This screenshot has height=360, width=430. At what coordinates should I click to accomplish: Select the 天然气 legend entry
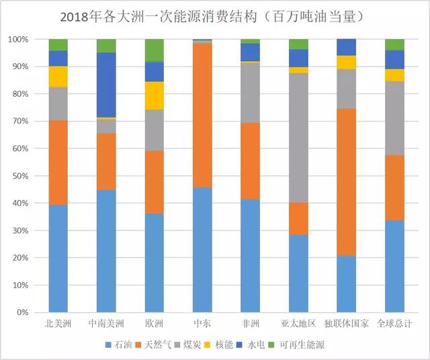[166, 345]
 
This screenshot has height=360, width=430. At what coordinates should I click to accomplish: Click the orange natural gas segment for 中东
[202, 115]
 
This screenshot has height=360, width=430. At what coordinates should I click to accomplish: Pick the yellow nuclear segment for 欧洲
[154, 95]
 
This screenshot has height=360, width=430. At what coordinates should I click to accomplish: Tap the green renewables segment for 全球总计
[394, 44]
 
